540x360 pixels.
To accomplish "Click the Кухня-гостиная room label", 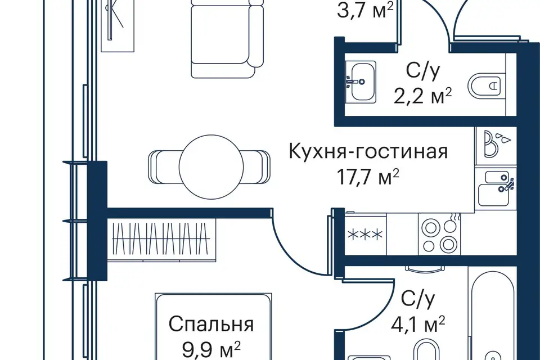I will (x=368, y=152).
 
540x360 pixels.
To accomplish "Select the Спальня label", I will (x=211, y=324).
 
